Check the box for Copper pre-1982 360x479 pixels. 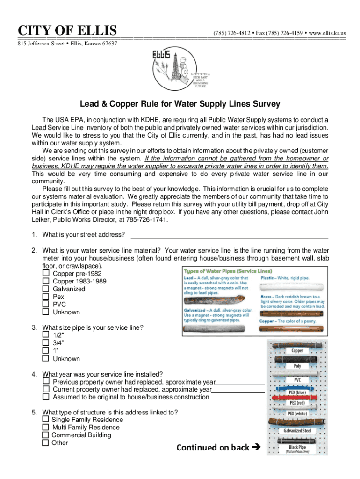(x=46, y=273)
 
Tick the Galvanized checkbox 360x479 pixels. (x=46, y=289)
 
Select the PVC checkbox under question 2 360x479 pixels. (x=46, y=304)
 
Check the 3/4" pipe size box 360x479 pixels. (x=46, y=343)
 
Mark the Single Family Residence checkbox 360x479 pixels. (x=46, y=420)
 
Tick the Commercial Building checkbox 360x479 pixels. (x=46, y=435)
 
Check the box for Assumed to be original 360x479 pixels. (x=46, y=397)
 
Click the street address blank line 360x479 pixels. (x=229, y=234)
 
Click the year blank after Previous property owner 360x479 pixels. (x=240, y=382)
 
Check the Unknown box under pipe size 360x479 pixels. (x=46, y=358)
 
